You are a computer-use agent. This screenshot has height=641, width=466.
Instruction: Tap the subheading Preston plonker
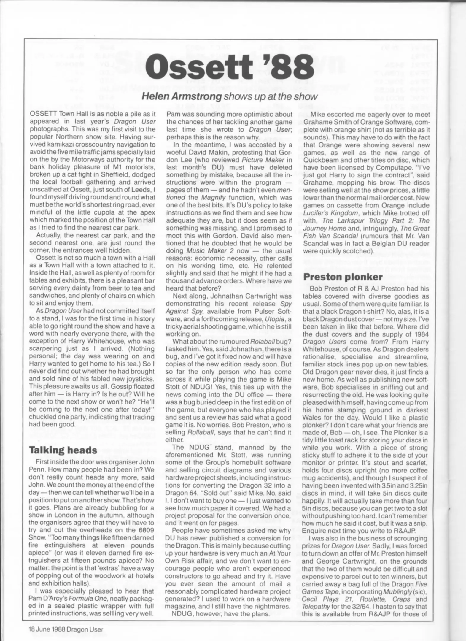(343, 277)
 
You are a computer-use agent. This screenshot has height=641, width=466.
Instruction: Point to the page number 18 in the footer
(32, 627)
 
